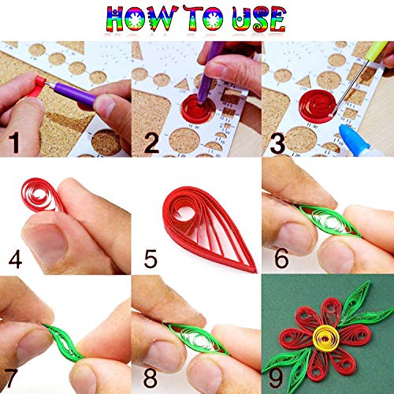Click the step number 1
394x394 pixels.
pos(13,143)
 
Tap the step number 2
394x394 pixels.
pos(147,143)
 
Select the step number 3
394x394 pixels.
pos(277,143)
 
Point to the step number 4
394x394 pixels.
pos(13,259)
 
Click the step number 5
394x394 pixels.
pos(146,259)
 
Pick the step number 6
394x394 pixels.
pos(277,259)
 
